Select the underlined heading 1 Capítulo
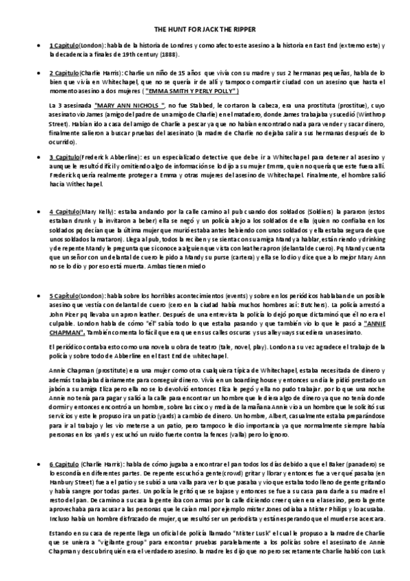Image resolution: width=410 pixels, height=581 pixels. pyautogui.click(x=64, y=45)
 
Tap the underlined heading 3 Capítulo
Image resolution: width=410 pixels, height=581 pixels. pyautogui.click(x=64, y=156)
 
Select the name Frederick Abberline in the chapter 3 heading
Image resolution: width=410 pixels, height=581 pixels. pyautogui.click(x=107, y=156)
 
